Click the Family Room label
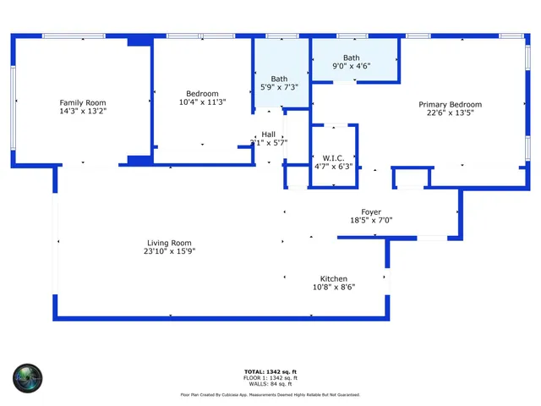pos(82,102)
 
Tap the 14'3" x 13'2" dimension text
pos(82,111)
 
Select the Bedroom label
pos(202,94)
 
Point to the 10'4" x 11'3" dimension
pos(202,102)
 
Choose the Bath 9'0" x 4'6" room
pos(351,61)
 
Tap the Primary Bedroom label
pos(451,104)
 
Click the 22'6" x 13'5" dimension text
pos(451,112)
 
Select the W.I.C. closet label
pos(331,157)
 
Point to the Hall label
pos(268,134)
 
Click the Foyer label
pos(371,211)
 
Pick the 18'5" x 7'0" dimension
pos(371,220)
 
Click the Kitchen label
pos(333,278)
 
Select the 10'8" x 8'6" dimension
pos(333,287)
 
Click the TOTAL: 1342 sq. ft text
pos(270,371)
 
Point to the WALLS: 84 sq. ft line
pos(270,383)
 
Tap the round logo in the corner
pos(27,377)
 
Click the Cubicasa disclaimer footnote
pos(270,394)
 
